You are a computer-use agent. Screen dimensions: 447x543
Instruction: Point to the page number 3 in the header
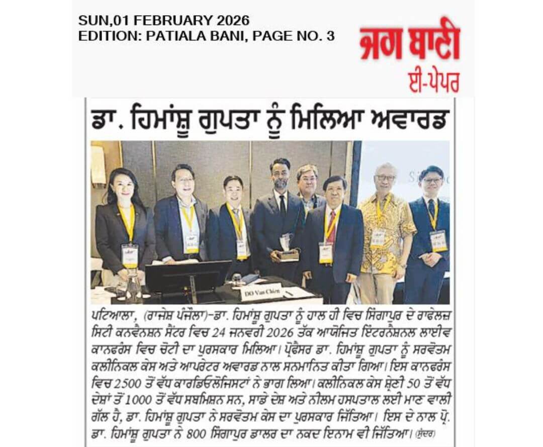(x=330, y=36)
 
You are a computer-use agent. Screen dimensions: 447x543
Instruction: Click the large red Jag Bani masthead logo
(x=409, y=44)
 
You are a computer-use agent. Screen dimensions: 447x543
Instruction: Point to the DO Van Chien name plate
(x=261, y=291)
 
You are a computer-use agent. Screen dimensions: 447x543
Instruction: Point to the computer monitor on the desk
(x=188, y=276)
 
